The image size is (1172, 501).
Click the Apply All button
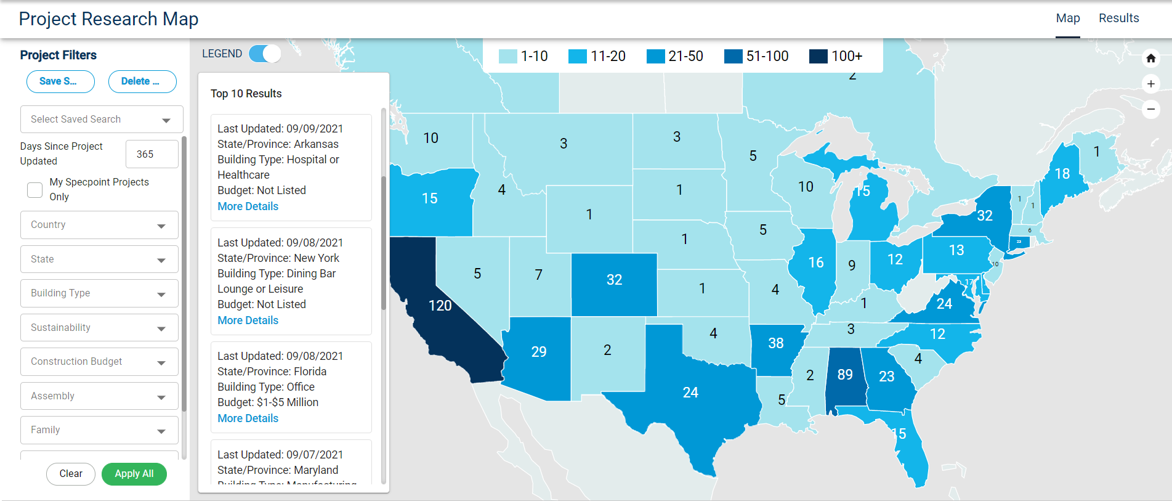pyautogui.click(x=134, y=474)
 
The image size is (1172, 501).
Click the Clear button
pyautogui.click(x=71, y=474)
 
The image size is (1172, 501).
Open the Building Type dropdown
pyautogui.click(x=99, y=293)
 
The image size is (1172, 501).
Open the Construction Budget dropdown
pyautogui.click(x=99, y=362)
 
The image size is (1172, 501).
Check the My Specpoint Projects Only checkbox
pyautogui.click(x=35, y=190)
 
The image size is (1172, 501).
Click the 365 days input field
pyautogui.click(x=152, y=154)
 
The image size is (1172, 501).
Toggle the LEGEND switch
pyautogui.click(x=265, y=54)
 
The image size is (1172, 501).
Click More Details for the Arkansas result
pyautogui.click(x=248, y=206)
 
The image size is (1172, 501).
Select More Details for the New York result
pyautogui.click(x=248, y=320)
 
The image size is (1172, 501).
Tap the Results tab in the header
pyautogui.click(x=1118, y=18)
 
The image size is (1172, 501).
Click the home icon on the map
pyautogui.click(x=1150, y=59)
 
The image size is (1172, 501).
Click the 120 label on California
pyautogui.click(x=440, y=306)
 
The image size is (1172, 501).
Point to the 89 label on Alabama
pyautogui.click(x=845, y=375)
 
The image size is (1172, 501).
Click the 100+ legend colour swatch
pyautogui.click(x=818, y=56)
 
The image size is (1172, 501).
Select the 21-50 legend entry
pyautogui.click(x=675, y=56)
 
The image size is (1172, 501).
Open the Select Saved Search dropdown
pyautogui.click(x=102, y=120)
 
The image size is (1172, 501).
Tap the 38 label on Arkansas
pyautogui.click(x=775, y=343)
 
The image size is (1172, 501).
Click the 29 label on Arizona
pyautogui.click(x=538, y=352)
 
